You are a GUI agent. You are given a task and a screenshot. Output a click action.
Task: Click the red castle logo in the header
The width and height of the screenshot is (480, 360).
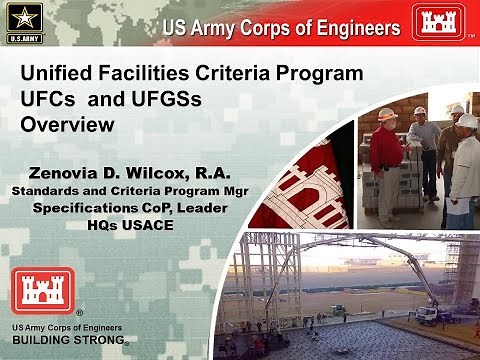click(x=440, y=21)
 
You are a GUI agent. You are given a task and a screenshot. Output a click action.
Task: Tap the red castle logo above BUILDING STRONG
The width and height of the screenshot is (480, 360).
click(x=40, y=291)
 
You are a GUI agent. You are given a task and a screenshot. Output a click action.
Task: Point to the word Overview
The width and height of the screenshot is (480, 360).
click(x=67, y=125)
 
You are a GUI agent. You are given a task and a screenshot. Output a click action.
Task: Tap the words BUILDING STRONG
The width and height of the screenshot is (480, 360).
click(x=67, y=340)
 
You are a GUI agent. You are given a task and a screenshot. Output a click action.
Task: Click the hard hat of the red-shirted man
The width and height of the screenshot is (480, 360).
click(x=386, y=114)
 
